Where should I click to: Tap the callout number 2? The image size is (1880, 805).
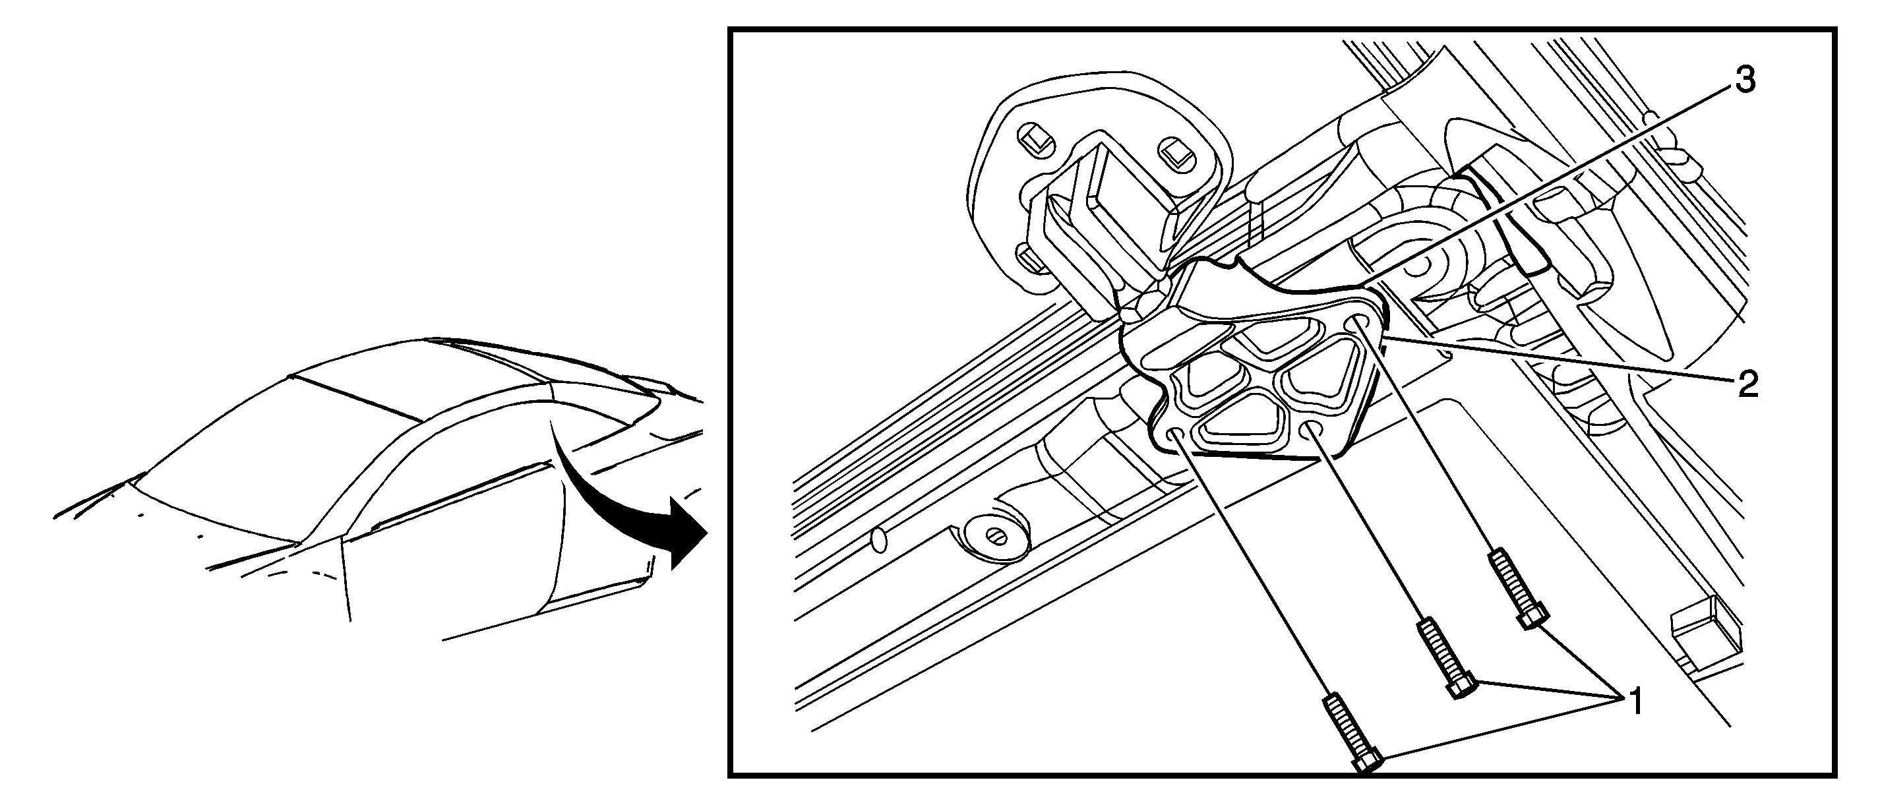pos(1747,384)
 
